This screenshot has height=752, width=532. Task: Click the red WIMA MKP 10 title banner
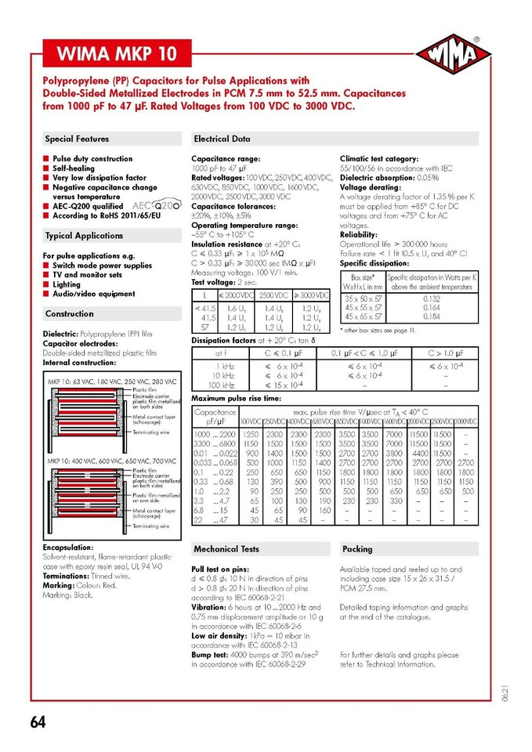click(x=115, y=55)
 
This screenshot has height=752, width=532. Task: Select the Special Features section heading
click(x=77, y=139)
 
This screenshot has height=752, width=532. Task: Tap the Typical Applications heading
click(x=84, y=236)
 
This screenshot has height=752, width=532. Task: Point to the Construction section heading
click(x=69, y=313)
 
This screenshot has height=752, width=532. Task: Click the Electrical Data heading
click(x=222, y=139)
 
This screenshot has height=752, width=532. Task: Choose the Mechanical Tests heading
click(x=226, y=549)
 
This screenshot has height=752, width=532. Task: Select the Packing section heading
click(x=357, y=549)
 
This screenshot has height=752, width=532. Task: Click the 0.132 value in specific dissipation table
click(x=431, y=299)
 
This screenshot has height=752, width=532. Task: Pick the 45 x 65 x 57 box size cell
click(x=363, y=316)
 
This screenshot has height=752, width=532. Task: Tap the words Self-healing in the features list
click(x=74, y=168)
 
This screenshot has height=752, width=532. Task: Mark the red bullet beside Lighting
click(x=47, y=284)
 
